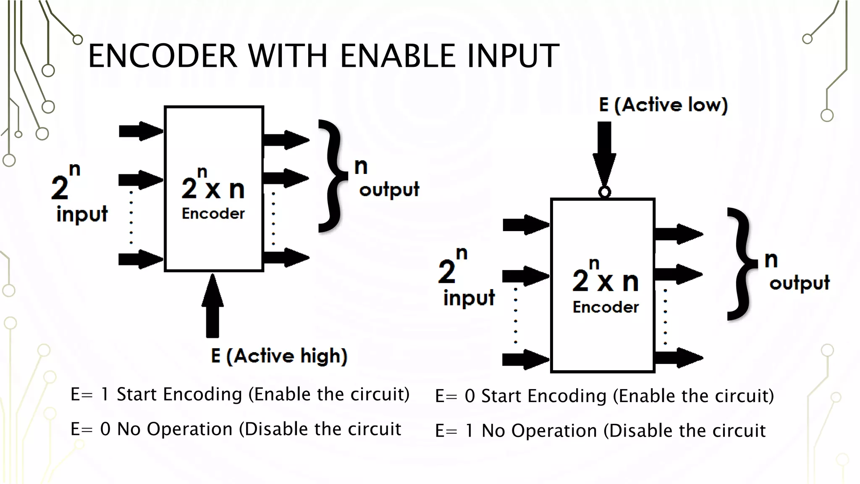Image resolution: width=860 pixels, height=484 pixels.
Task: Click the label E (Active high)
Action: click(x=279, y=356)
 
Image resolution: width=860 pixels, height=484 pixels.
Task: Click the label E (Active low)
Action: click(x=663, y=105)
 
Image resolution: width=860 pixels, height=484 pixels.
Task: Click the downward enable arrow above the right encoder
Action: click(x=604, y=153)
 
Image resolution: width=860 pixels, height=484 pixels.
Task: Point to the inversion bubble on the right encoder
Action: click(x=604, y=192)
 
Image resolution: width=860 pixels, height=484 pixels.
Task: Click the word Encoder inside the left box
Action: click(x=213, y=213)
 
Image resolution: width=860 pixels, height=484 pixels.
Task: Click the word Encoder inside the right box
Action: click(x=606, y=307)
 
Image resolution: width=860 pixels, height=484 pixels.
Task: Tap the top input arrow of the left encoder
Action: click(x=140, y=131)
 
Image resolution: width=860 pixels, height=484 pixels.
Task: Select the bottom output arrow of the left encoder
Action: click(x=286, y=257)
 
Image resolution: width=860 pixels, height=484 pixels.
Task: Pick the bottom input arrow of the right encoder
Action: click(x=525, y=360)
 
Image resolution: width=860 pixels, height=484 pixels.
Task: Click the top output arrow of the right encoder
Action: click(x=678, y=234)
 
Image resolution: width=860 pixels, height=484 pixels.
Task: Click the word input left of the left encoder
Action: click(x=82, y=214)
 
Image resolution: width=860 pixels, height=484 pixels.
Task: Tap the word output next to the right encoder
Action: click(x=799, y=283)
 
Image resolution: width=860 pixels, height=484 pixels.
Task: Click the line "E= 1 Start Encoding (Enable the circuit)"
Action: click(x=240, y=394)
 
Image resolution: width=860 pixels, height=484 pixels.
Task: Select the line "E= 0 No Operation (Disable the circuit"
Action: click(x=236, y=429)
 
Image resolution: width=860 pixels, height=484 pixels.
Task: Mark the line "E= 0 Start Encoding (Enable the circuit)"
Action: click(x=604, y=396)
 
